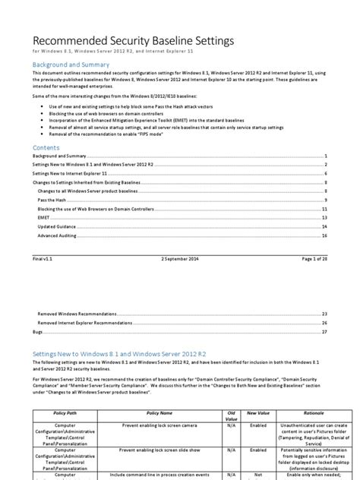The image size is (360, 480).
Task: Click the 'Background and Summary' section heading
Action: (71, 66)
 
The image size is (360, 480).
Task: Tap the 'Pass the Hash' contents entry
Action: (55, 199)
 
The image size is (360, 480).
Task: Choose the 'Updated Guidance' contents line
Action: (58, 226)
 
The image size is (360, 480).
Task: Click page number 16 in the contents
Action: (324, 236)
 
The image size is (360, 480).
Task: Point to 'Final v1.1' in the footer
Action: (43, 259)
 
